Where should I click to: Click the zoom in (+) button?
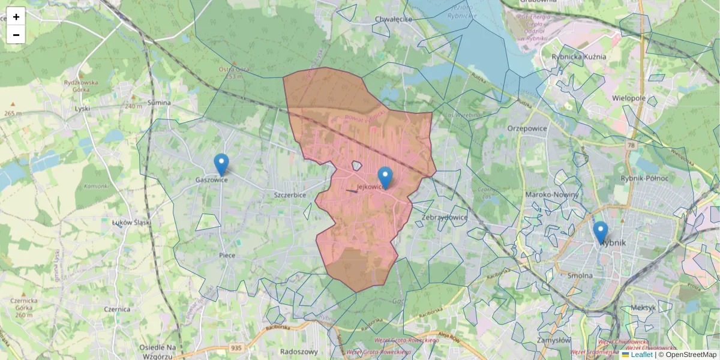[x=16, y=17]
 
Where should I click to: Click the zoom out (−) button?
[x=16, y=35]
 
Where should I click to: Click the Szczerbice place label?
[x=290, y=195]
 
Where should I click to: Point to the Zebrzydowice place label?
[x=445, y=217]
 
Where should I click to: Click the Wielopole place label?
[x=629, y=97]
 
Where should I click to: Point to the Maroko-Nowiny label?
[x=551, y=194]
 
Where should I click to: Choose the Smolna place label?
[x=580, y=275]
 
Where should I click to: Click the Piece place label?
[x=227, y=255]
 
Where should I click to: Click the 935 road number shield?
[x=236, y=347]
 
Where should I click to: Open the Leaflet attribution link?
[x=641, y=355]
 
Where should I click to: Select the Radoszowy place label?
[x=299, y=352]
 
